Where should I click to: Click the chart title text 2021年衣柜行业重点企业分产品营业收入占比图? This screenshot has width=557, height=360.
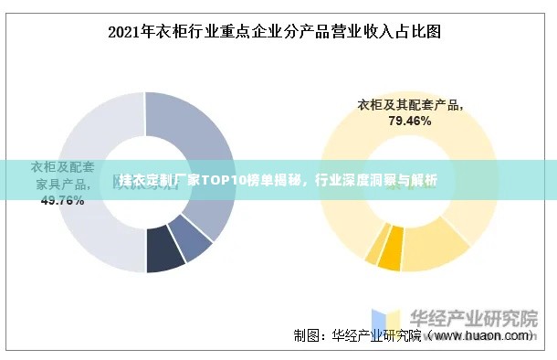[274, 32]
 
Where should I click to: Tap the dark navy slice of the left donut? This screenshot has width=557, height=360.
[165, 259]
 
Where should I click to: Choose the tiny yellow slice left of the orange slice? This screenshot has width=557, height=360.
[373, 253]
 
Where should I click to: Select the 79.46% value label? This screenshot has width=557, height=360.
[409, 120]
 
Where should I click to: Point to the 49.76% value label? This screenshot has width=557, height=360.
[62, 200]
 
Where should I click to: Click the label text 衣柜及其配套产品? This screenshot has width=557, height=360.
[408, 104]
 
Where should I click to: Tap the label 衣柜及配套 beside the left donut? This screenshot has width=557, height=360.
[63, 167]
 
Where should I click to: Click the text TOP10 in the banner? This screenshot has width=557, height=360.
[223, 180]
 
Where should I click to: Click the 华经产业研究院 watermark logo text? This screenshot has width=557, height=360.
[472, 319]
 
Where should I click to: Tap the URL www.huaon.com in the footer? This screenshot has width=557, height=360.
[483, 336]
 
